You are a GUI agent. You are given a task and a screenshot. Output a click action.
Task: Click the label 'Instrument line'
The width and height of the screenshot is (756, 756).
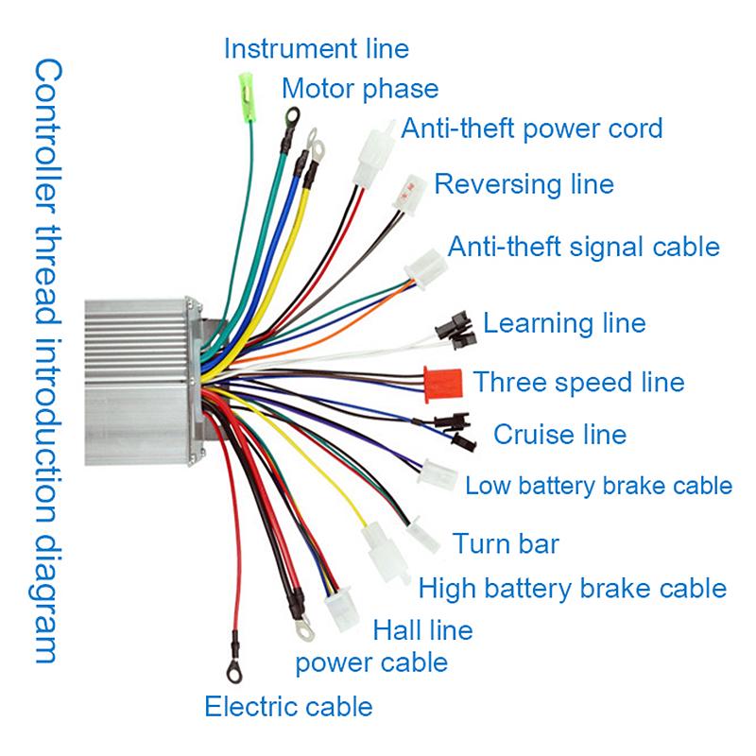[x=316, y=47]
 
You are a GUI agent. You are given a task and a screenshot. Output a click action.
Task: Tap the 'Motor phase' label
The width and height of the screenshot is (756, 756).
[x=360, y=89]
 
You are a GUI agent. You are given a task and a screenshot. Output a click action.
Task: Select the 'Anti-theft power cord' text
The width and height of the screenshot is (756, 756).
[x=532, y=128]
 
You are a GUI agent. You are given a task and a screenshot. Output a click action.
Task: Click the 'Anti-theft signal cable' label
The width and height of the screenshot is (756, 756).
[x=583, y=247]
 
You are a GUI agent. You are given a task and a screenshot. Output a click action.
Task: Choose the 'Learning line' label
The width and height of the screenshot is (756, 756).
[x=564, y=323]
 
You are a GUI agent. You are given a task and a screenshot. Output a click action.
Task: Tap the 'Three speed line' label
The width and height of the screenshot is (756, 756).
[x=578, y=382]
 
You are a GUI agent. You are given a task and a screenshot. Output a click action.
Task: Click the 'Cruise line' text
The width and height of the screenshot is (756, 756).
[x=559, y=435]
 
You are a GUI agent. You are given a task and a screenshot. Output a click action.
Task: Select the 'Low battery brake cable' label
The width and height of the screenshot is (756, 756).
[x=599, y=486]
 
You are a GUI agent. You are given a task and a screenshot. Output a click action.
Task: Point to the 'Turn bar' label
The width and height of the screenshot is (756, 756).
[x=506, y=543]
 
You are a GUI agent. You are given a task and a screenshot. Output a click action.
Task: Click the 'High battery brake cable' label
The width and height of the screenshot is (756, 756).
[x=573, y=589]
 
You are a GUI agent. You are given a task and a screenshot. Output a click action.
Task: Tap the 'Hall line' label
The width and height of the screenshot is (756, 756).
[x=422, y=628]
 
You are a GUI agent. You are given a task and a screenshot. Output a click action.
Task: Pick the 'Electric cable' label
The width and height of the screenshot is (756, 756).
[x=288, y=706]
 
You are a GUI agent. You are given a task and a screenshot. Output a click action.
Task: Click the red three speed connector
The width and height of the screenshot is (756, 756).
[x=441, y=383]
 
